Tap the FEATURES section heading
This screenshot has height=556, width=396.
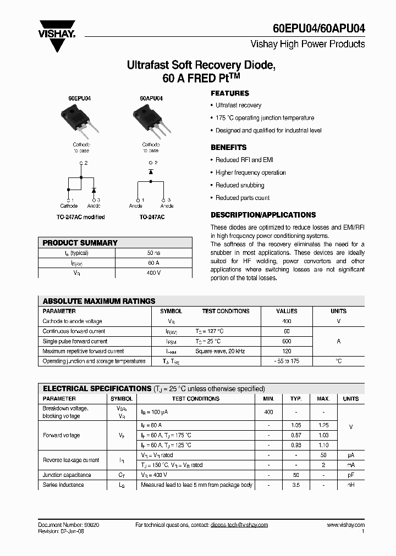click(x=230, y=93)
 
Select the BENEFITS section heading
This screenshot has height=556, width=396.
click(x=229, y=147)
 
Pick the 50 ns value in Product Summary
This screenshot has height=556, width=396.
click(x=153, y=253)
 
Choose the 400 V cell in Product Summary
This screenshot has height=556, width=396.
click(x=153, y=273)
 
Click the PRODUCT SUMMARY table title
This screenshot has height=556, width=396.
click(x=80, y=243)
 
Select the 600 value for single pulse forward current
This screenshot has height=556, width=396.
click(x=287, y=341)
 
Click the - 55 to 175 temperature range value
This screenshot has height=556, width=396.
click(x=287, y=361)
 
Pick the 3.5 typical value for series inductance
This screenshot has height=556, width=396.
click(x=296, y=485)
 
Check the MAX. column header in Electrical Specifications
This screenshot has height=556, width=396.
click(x=323, y=399)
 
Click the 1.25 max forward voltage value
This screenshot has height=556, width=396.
click(x=323, y=425)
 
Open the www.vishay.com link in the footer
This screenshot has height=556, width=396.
click(x=345, y=525)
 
